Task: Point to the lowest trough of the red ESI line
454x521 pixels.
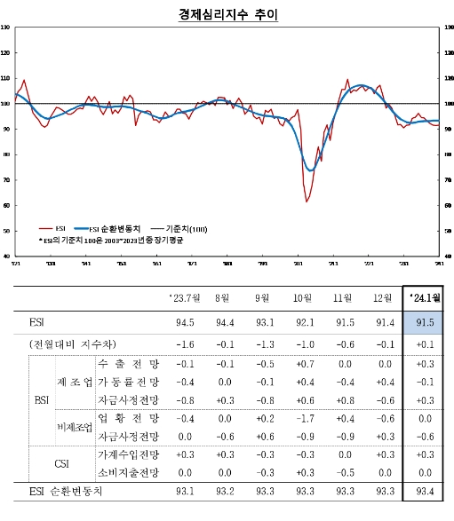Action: click(307, 201)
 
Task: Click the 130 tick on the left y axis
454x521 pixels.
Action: click(6, 28)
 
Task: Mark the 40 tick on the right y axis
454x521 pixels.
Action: click(446, 256)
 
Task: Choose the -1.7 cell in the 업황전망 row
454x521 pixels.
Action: click(303, 418)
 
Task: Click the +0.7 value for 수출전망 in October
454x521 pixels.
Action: click(303, 364)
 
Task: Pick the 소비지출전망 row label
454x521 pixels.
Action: click(129, 472)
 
